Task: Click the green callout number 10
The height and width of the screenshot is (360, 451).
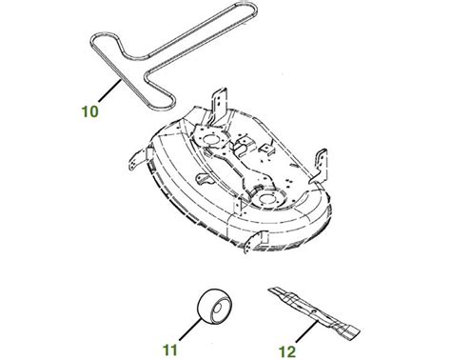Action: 90,111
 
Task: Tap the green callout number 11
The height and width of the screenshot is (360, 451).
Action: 169,350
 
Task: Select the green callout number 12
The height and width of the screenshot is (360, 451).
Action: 287,351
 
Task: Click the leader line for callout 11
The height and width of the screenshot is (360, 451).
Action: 190,330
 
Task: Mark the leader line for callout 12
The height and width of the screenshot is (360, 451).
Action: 306,331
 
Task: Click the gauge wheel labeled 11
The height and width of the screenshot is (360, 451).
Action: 214,307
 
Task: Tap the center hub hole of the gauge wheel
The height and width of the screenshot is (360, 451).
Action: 218,309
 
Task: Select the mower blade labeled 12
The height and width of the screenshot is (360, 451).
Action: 314,312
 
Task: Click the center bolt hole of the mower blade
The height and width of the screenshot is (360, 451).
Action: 313,312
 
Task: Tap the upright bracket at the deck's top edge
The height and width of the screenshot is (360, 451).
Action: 219,105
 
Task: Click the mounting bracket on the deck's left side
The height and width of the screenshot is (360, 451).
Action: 139,159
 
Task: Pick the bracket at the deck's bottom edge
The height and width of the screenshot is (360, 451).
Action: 255,242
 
